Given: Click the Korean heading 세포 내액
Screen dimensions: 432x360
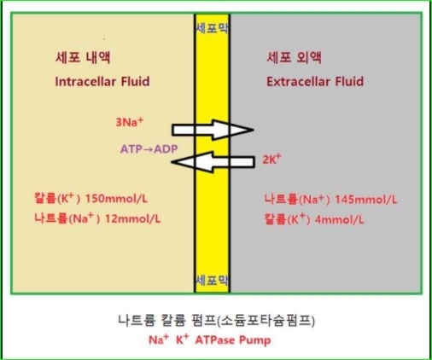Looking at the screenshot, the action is point(83,58).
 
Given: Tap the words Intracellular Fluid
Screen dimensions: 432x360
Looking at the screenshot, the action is point(102,82).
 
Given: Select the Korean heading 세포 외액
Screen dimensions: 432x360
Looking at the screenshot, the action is point(295,58).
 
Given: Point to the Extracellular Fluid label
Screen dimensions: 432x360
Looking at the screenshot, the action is point(315,82).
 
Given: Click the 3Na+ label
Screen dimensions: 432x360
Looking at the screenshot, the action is point(130,122).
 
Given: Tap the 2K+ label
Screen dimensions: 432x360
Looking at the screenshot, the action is point(271,159).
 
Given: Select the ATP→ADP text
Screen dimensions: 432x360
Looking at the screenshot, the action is point(149,149).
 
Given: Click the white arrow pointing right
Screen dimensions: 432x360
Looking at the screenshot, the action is point(213,130).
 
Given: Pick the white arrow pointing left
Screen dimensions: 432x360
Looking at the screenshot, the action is point(213,162).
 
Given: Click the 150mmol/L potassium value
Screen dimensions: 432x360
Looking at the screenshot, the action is point(116,199).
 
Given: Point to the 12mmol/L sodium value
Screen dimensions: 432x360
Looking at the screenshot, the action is point(132,218).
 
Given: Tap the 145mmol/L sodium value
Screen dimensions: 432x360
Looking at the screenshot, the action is point(365,200).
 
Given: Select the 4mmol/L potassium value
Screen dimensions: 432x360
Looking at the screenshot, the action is point(339,220).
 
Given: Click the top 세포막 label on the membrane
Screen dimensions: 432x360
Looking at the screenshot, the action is point(213,28).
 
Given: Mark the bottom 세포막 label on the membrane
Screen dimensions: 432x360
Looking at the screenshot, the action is point(213,281).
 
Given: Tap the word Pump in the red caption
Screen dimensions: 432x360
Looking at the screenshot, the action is point(254,340).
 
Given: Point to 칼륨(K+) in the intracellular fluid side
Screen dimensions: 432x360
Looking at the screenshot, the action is point(57,198).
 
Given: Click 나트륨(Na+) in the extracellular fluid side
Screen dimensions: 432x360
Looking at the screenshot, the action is point(297,200).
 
